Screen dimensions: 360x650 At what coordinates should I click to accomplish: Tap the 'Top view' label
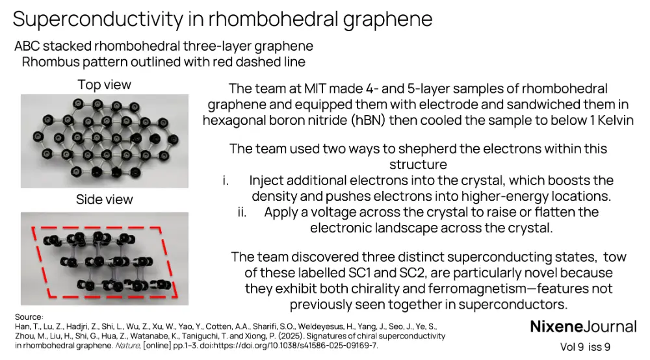[104, 84]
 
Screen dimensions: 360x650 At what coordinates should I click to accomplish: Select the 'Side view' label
[104, 199]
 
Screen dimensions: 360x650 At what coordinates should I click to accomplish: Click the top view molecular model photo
[104, 140]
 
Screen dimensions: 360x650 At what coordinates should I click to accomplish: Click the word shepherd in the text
[414, 149]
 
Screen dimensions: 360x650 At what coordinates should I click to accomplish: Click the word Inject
[266, 181]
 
